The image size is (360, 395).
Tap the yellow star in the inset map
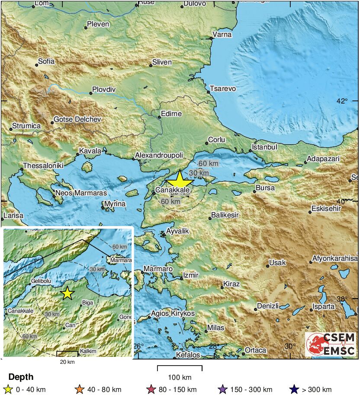tap(67, 293)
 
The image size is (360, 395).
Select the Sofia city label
tap(46, 62)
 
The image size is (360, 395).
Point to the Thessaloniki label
tap(43, 165)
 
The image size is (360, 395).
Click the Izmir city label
tap(191, 275)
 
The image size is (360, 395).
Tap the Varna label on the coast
tap(222, 35)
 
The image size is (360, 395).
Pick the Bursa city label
tap(265, 188)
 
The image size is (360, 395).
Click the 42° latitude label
tap(342, 101)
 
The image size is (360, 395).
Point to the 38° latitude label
tap(342, 299)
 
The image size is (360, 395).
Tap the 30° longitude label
tap(290, 346)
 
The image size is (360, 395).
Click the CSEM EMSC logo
tap(331, 344)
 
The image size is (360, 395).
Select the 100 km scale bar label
tap(180, 377)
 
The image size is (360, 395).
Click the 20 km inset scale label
tap(67, 362)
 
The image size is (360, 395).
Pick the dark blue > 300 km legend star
tap(294, 389)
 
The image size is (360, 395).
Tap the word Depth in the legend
tap(21, 377)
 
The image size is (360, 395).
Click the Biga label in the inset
tap(87, 302)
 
